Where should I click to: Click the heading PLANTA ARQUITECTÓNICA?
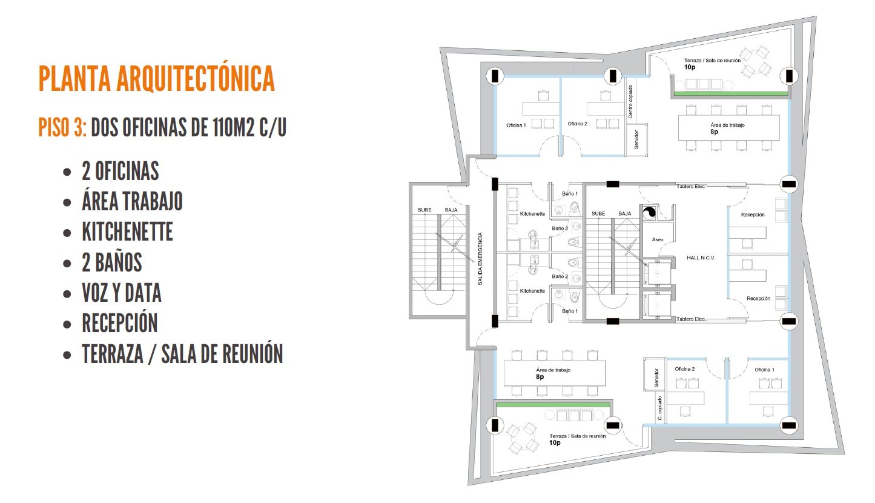click(157, 79)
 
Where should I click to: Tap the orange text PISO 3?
click(62, 127)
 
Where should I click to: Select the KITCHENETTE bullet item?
click(127, 232)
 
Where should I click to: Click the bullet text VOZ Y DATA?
click(122, 293)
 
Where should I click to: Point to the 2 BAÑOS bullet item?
click(111, 262)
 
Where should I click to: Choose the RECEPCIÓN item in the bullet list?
click(119, 323)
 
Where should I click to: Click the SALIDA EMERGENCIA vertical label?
click(480, 259)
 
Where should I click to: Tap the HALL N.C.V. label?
click(701, 258)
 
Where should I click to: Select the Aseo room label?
click(658, 239)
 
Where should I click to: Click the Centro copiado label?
click(630, 102)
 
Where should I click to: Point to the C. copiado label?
click(660, 408)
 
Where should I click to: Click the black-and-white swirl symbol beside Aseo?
click(649, 213)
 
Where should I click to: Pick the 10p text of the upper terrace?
click(690, 67)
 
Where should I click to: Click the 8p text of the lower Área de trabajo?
click(540, 377)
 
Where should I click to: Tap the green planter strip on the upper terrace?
click(730, 94)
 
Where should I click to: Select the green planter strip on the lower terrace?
click(553, 405)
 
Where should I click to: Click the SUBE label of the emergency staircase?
click(424, 210)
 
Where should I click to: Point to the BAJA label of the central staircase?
click(624, 214)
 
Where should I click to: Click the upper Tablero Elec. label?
click(691, 187)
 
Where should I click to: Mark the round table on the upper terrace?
click(757, 62)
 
